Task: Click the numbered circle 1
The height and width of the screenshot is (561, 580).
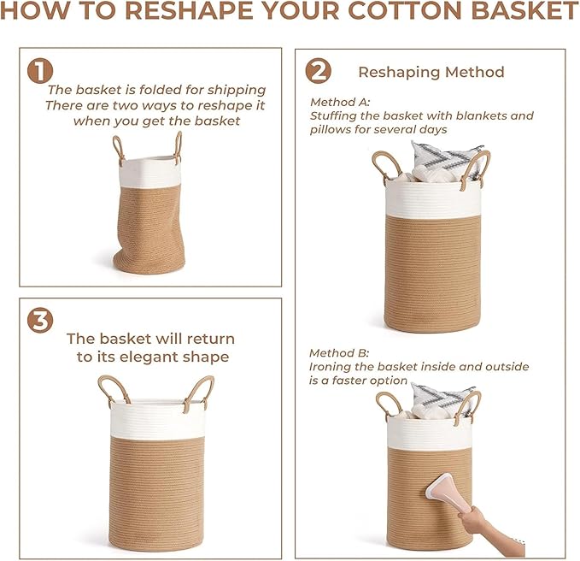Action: (x=40, y=71)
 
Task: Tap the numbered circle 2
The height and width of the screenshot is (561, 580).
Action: (x=318, y=72)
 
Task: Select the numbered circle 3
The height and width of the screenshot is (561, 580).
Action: (x=40, y=321)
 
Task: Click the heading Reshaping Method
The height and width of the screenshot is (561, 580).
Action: (x=431, y=72)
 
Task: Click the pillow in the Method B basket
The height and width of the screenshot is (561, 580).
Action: (x=443, y=399)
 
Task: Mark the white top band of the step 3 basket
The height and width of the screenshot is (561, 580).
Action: (x=156, y=419)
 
